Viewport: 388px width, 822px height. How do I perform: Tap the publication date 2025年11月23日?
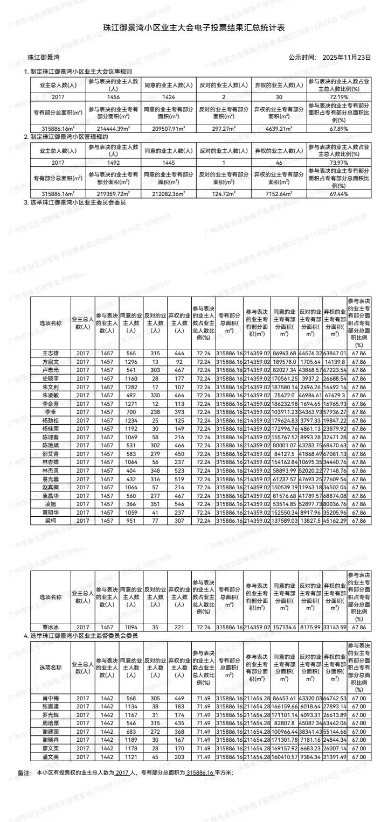(347, 57)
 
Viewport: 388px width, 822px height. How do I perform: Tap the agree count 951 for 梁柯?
(131, 521)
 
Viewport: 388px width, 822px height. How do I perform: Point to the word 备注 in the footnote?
(24, 773)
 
